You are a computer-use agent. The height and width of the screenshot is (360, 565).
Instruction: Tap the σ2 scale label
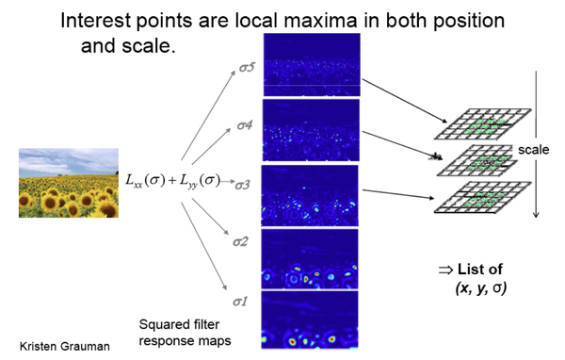[x=242, y=242]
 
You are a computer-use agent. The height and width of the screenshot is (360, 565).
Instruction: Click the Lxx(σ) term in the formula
[x=150, y=178]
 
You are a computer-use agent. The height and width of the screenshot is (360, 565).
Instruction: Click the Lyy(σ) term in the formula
[x=200, y=178]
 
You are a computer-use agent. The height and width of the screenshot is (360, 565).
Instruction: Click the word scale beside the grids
[x=533, y=150]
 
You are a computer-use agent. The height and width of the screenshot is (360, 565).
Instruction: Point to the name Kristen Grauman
[x=64, y=346]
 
